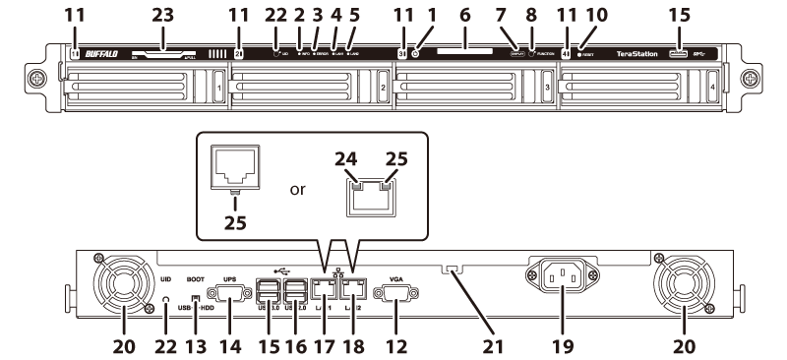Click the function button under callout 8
tap(532, 55)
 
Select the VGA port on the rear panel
tap(396, 293)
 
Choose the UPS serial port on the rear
tap(229, 292)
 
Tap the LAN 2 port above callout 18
tap(353, 291)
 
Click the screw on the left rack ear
tap(39, 79)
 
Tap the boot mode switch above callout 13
tap(197, 298)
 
